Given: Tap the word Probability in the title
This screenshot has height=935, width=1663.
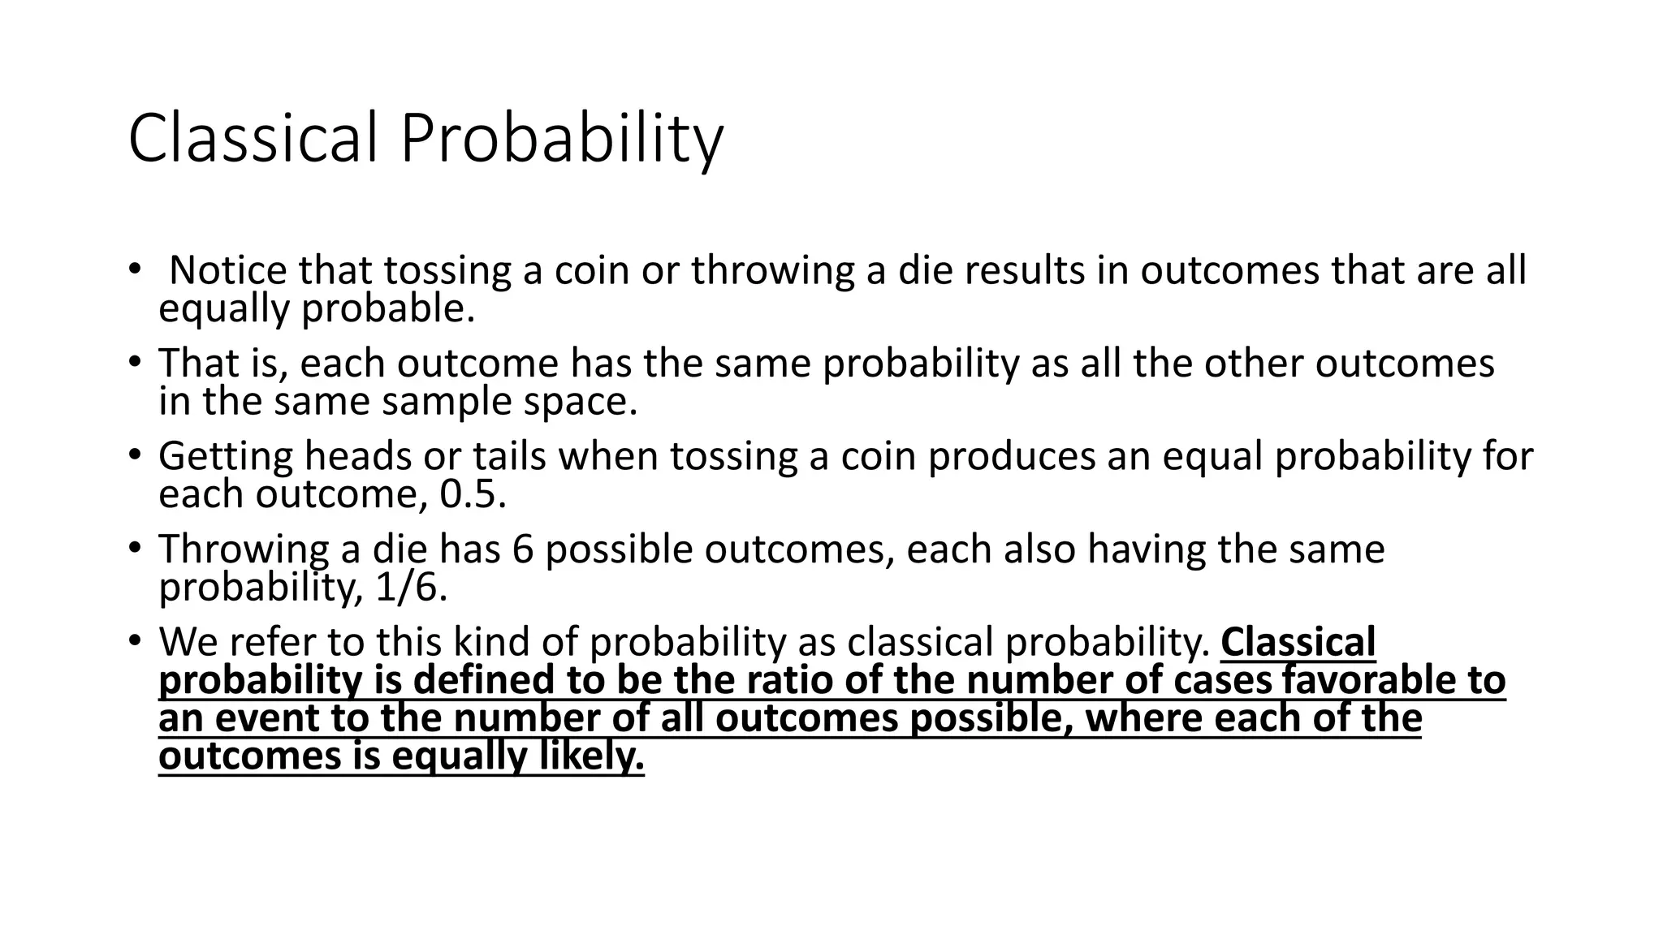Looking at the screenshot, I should click(x=560, y=140).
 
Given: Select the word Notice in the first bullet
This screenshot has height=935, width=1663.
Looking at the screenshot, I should click(x=228, y=270).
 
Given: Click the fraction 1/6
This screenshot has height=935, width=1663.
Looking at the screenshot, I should click(x=412, y=587).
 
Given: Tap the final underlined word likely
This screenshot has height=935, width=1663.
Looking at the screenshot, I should click(x=592, y=757).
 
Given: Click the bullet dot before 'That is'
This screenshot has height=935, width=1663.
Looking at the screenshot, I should click(x=134, y=361).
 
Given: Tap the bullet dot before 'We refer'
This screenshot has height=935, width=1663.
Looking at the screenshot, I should click(x=134, y=640).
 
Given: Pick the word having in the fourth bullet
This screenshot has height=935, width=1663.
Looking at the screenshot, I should click(x=1146, y=550).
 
